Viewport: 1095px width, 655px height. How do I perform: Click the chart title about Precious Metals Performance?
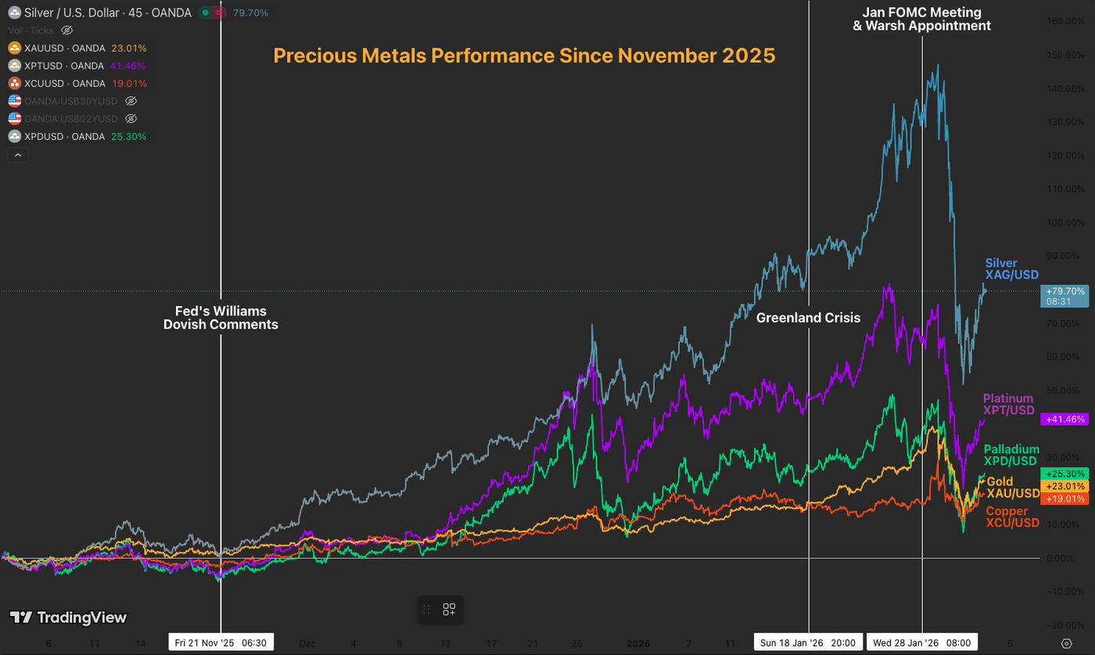pyautogui.click(x=524, y=56)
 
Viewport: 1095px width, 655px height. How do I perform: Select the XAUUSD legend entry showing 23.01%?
pyautogui.click(x=77, y=48)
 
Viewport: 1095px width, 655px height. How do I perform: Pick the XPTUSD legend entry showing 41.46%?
pyautogui.click(x=77, y=66)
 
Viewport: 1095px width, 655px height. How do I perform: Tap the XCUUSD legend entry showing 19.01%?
pyautogui.click(x=77, y=84)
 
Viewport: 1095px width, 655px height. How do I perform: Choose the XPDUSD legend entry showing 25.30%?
pyautogui.click(x=77, y=137)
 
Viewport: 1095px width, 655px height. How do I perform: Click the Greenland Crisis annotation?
pyautogui.click(x=808, y=318)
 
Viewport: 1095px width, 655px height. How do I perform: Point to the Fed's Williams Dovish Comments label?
pyautogui.click(x=221, y=318)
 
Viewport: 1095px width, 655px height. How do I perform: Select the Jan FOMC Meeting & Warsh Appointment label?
pyautogui.click(x=921, y=19)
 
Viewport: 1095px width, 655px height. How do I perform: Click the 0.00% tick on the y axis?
pyautogui.click(x=1065, y=558)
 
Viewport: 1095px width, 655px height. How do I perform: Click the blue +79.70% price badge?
pyautogui.click(x=1064, y=295)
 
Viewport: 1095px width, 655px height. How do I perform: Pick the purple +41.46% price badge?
pyautogui.click(x=1064, y=419)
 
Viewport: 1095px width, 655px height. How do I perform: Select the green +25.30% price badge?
pyautogui.click(x=1064, y=473)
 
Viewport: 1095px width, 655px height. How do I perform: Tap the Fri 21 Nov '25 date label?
pyautogui.click(x=221, y=642)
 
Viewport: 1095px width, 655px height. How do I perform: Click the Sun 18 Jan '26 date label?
pyautogui.click(x=808, y=642)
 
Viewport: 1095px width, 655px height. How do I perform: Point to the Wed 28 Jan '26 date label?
pyautogui.click(x=921, y=642)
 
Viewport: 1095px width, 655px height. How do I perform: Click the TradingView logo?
pyautogui.click(x=68, y=617)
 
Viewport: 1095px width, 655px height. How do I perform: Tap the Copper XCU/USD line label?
pyautogui.click(x=1012, y=516)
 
